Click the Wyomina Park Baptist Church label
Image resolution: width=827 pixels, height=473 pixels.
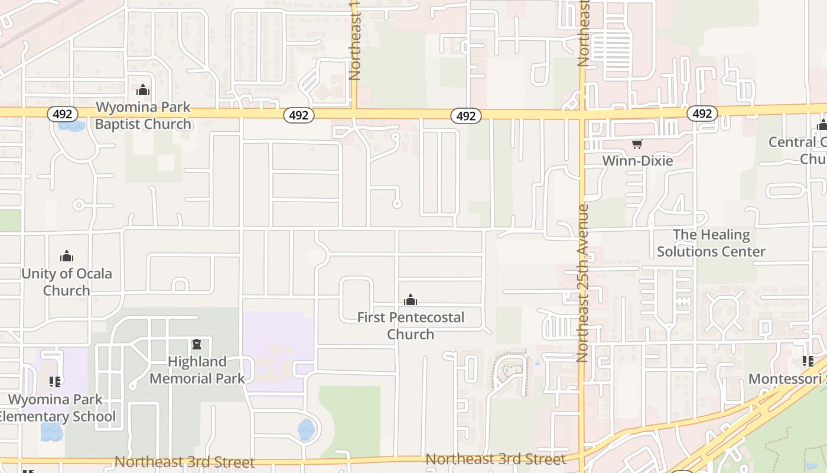[143, 116]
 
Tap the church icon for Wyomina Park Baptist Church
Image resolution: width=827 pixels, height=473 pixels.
[143, 90]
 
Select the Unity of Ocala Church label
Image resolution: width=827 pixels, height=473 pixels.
[67, 282]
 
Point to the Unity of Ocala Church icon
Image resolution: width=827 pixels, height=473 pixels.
[67, 256]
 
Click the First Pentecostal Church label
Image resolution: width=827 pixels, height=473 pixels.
[411, 326]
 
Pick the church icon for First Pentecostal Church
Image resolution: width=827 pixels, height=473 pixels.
[411, 300]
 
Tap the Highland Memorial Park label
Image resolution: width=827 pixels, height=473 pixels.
[197, 370]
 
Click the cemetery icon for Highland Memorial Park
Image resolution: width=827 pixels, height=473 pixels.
[197, 344]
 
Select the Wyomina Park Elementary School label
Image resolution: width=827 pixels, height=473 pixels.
[56, 408]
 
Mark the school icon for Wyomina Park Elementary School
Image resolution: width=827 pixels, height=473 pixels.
[55, 381]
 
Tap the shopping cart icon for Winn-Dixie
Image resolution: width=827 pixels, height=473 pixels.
[637, 144]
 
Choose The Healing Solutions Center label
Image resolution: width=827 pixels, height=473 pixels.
[711, 243]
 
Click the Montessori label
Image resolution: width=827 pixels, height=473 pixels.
[787, 378]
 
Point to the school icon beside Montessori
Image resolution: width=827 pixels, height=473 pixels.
[808, 360]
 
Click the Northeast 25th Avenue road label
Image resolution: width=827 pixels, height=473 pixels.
[583, 283]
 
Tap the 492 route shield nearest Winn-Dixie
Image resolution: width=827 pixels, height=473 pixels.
[702, 113]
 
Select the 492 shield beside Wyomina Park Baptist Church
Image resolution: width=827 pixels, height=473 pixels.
[62, 114]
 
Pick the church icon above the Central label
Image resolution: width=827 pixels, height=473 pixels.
[822, 125]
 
